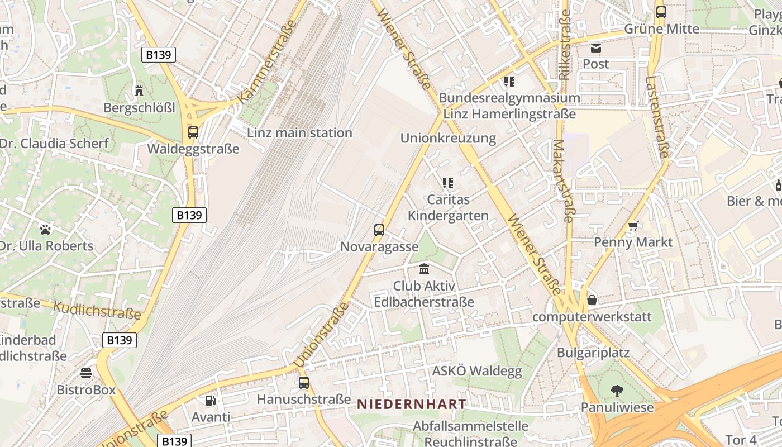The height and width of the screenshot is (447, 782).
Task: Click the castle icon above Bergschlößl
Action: pos(139,90)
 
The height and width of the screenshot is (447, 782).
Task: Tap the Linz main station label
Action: pos(299,133)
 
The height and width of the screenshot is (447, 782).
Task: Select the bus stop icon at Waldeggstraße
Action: pos(193,132)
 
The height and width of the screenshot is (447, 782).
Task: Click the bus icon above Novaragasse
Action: pos(379,230)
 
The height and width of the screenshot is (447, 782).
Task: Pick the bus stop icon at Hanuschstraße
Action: pos(304,383)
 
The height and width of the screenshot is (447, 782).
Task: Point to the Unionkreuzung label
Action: pos(448,138)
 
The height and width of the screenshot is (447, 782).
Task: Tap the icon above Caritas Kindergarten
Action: pos(447,183)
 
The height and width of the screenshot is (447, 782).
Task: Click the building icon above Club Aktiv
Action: pos(424,269)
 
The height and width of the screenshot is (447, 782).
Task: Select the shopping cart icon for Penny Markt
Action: pos(633,226)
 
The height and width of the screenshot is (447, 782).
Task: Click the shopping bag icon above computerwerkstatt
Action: pos(592,301)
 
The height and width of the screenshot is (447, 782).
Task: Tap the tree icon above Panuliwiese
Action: pos(617,391)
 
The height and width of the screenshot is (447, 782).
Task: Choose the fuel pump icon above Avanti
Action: pos(211,400)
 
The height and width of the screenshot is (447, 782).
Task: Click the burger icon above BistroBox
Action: pos(86,373)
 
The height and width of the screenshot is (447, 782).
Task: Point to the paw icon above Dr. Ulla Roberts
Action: pos(45,229)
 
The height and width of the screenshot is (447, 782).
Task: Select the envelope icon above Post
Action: pos(596,48)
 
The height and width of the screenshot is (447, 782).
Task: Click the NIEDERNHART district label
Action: pos(411,404)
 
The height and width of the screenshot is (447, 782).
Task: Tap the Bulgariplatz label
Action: pos(593,353)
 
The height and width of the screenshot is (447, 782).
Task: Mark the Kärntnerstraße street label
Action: pos(266,61)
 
